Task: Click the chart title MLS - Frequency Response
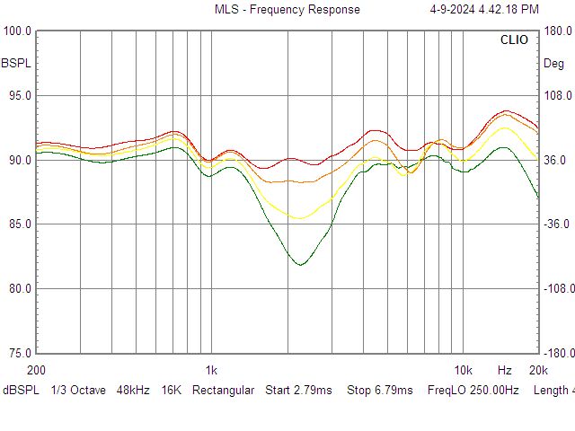pos(287,10)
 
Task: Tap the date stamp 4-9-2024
pos(456,10)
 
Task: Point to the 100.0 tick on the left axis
pos(18,31)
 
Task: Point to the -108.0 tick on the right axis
pos(556,289)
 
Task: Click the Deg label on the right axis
pos(553,63)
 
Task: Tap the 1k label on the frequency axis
pos(211,370)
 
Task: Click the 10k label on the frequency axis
pos(463,370)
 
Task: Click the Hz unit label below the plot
pos(504,370)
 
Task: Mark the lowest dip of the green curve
pos(301,265)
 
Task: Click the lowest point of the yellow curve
pos(300,218)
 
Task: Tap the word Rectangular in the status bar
pos(224,391)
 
